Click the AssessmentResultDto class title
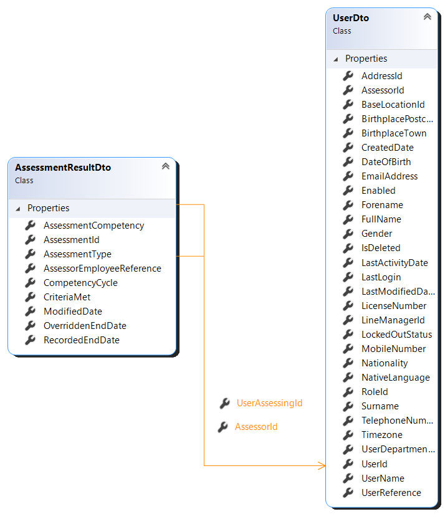pos(63,168)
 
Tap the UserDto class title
pos(351,18)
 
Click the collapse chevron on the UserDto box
pos(428,17)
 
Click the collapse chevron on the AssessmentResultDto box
pos(166,166)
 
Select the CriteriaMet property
pos(67,297)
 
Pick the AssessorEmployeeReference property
pos(102,269)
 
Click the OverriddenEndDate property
pos(85,326)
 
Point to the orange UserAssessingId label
pos(269,403)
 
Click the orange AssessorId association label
pos(256,427)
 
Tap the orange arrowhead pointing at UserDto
pos(322,465)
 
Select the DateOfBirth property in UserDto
pos(386,162)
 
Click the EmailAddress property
pos(390,176)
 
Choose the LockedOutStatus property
pos(396,335)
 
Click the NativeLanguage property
pos(395,378)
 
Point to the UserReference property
pos(391,493)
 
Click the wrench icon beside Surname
pos(348,406)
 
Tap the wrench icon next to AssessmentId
pos(31,240)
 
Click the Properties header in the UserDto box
pos(366,59)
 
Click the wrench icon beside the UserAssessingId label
pos(225,404)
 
